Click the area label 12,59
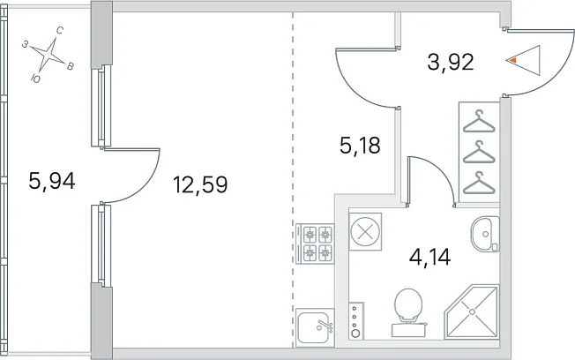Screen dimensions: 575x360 200,184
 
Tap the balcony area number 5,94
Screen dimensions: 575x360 52,181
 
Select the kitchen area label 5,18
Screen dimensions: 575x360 360,146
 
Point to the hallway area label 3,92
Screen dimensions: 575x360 451,62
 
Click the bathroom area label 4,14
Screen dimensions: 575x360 429,257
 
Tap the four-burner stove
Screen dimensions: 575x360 315,244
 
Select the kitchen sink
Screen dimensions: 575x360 315,327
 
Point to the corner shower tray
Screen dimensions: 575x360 472,311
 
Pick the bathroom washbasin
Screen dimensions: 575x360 485,234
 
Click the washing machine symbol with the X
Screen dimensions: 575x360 365,231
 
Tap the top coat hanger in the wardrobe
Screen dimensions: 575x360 479,121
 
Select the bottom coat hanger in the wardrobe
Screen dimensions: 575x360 479,183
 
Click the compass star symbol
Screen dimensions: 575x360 48,55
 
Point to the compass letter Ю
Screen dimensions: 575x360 35,79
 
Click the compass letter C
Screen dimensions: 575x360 60,31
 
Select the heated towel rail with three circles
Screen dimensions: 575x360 356,320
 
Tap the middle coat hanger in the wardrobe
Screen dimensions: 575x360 479,152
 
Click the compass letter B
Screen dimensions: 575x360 70,66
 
